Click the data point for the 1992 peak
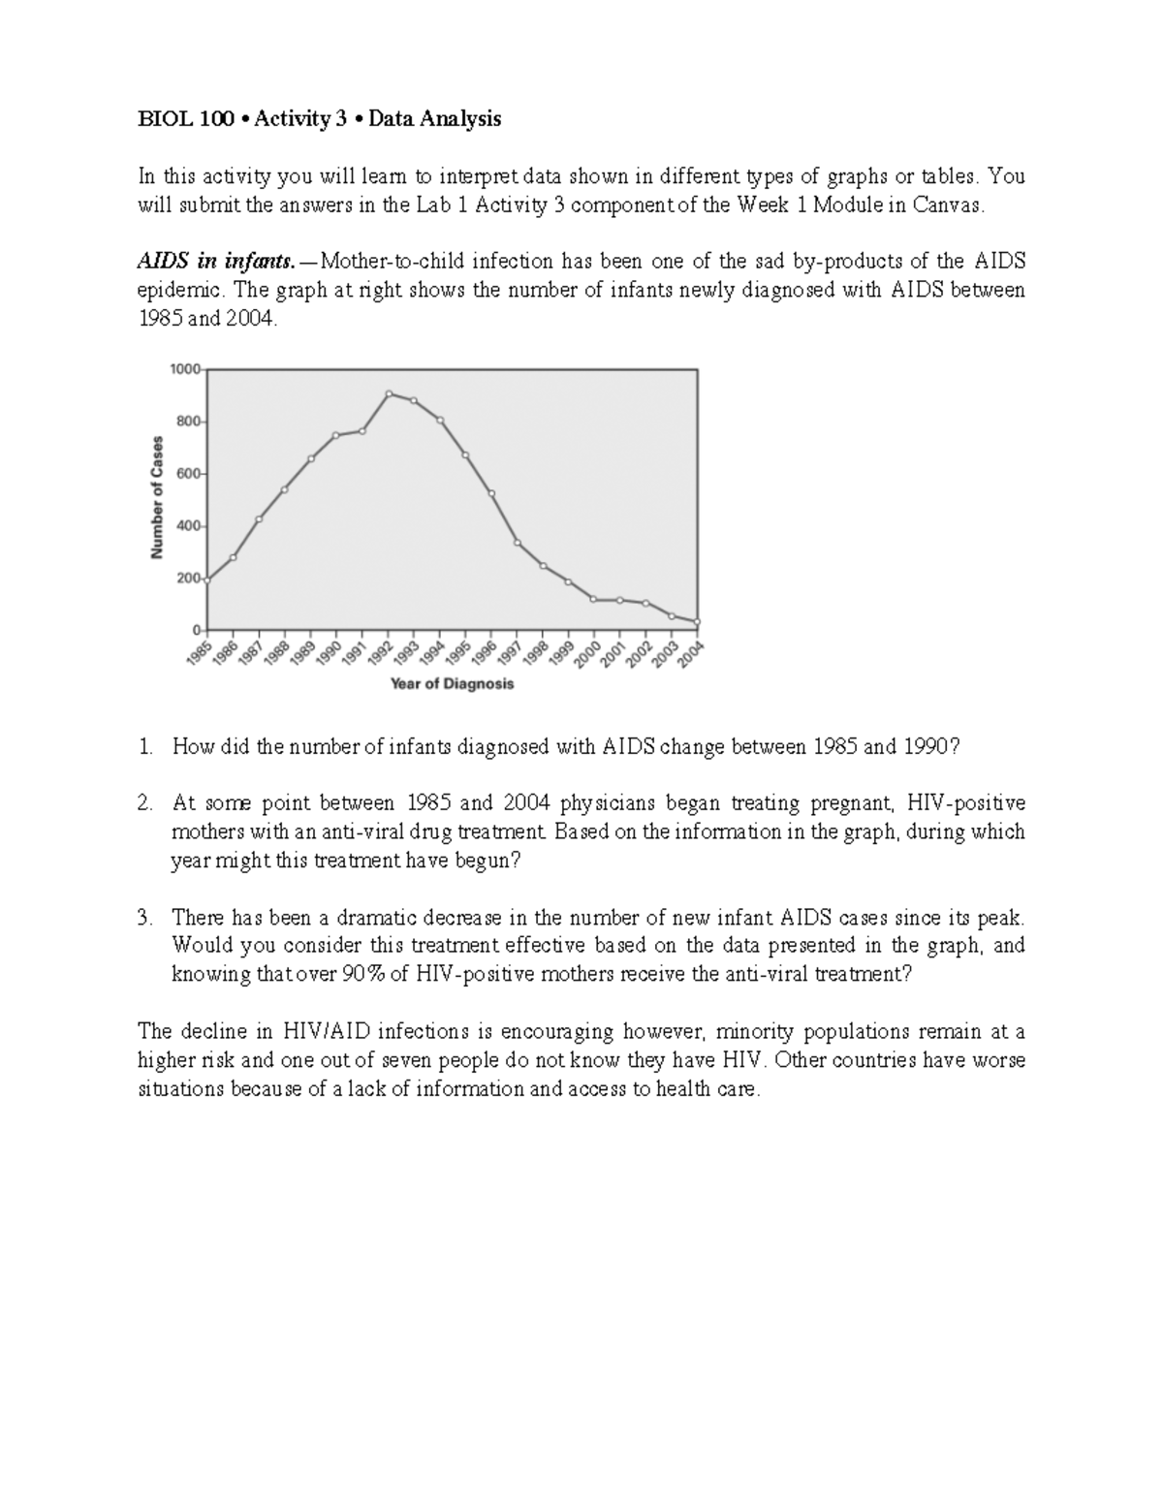pos(389,393)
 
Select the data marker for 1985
pos(206,580)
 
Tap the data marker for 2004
pos(698,622)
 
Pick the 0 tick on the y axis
pos(196,630)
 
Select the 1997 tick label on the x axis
pos(506,654)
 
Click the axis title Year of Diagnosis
pos(452,684)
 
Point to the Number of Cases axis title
pos(156,498)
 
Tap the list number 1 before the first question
pos(144,747)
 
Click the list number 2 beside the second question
pos(144,803)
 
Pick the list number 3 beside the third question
pos(144,918)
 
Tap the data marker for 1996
pos(491,494)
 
